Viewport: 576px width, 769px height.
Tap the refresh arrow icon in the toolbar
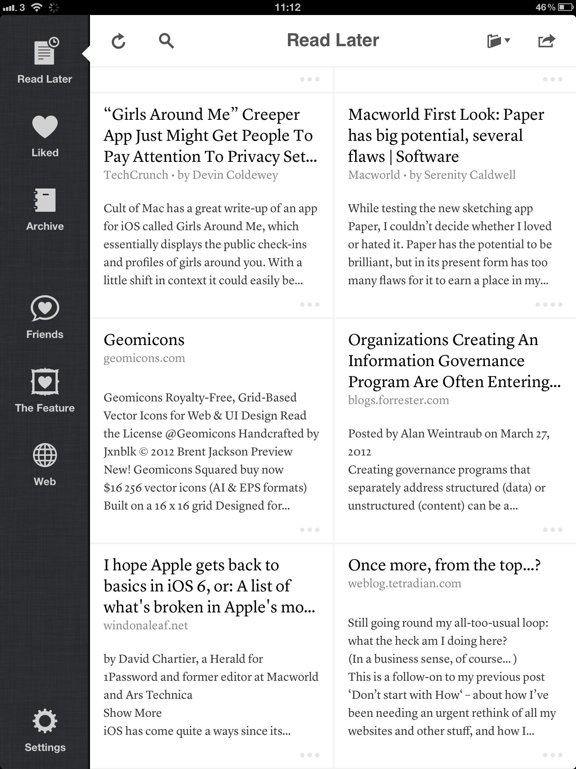pyautogui.click(x=118, y=41)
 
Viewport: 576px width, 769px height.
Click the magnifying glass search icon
pyautogui.click(x=166, y=41)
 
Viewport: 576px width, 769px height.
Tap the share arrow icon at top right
pyautogui.click(x=546, y=41)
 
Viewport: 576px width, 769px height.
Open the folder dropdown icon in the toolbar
pyautogui.click(x=498, y=41)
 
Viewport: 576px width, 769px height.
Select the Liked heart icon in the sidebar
pyautogui.click(x=45, y=127)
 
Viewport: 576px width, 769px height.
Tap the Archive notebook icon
pyautogui.click(x=45, y=201)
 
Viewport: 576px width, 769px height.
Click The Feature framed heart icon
pyautogui.click(x=45, y=382)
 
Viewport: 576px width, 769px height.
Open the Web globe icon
pyautogui.click(x=45, y=455)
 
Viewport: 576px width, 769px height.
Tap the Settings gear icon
pyautogui.click(x=45, y=721)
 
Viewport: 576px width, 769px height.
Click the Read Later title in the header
pyautogui.click(x=333, y=40)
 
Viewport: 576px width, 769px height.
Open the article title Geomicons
pyautogui.click(x=144, y=340)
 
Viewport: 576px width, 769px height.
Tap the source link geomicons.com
pyautogui.click(x=144, y=358)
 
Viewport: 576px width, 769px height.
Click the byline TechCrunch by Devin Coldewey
pyautogui.click(x=191, y=175)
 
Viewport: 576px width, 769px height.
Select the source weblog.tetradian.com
pyautogui.click(x=405, y=584)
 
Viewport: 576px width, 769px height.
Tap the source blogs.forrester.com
pyautogui.click(x=398, y=400)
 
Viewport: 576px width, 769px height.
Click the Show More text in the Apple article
pyautogui.click(x=133, y=713)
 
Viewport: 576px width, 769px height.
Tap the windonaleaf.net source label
pyautogui.click(x=146, y=626)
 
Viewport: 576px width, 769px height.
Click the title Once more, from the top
pyautogui.click(x=444, y=565)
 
